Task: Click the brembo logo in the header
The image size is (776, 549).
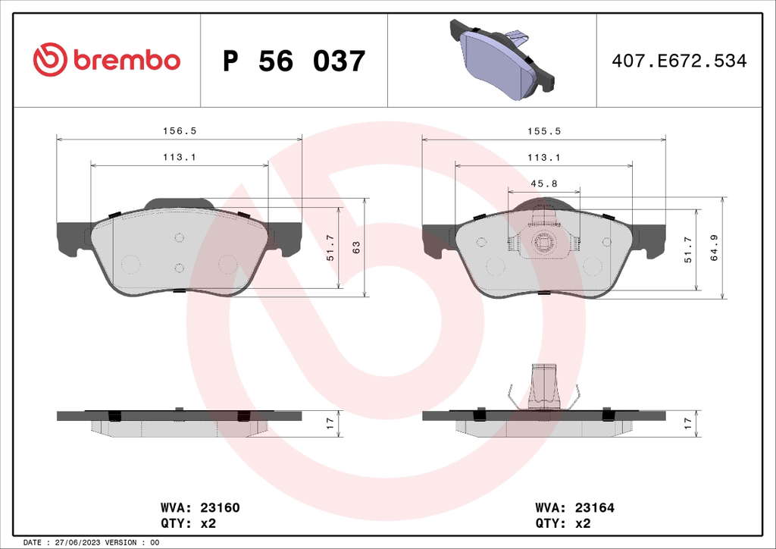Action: click(106, 60)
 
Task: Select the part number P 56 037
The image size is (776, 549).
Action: click(294, 61)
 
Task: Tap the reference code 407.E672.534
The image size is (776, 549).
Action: click(679, 61)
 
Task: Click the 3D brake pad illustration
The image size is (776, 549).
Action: click(502, 59)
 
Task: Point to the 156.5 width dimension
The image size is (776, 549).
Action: click(180, 131)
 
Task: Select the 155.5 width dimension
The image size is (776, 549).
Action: click(544, 131)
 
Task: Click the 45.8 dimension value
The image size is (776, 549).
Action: click(544, 184)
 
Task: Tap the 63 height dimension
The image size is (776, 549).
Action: click(356, 247)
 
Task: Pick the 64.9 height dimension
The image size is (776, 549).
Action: click(714, 247)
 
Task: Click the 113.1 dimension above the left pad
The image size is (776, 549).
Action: click(180, 158)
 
